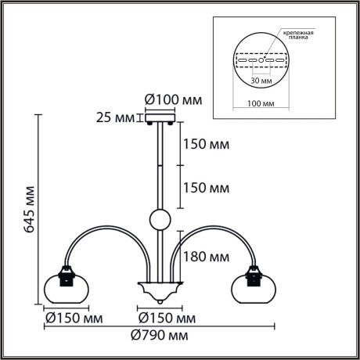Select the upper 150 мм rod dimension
[x=207, y=145]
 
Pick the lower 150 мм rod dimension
[x=207, y=189]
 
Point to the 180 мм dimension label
[x=207, y=256]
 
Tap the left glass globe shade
[x=67, y=287]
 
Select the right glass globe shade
[x=254, y=287]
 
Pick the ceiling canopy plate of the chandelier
[x=160, y=119]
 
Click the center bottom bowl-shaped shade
[x=160, y=292]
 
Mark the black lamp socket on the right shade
[x=254, y=274]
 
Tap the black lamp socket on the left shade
[x=67, y=274]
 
